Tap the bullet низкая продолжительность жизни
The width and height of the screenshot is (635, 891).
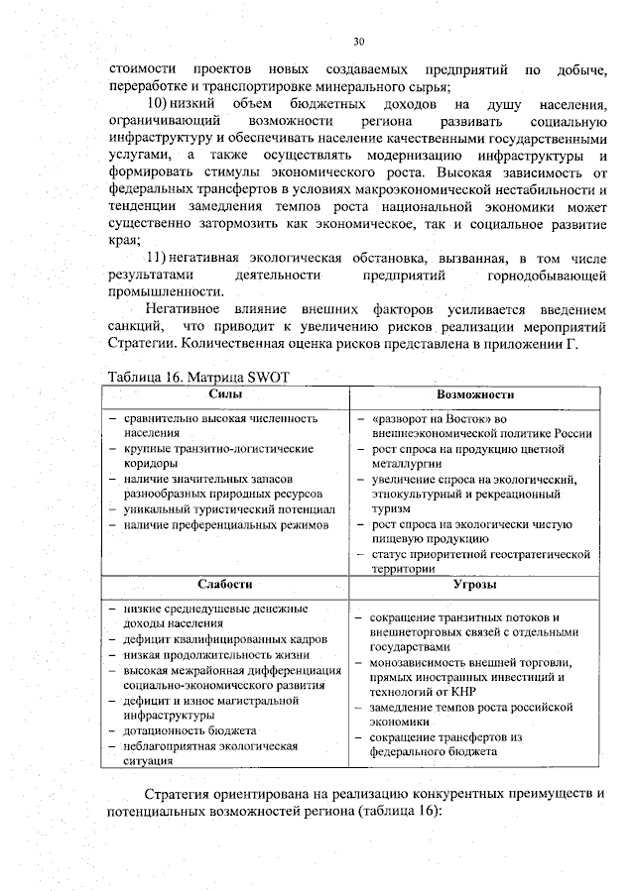[x=215, y=655]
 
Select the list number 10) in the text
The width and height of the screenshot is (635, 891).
[x=157, y=104]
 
